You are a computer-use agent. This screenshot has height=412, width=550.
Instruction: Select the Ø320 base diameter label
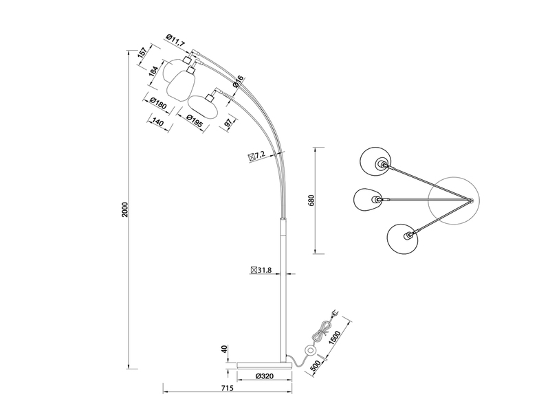pyautogui.click(x=265, y=376)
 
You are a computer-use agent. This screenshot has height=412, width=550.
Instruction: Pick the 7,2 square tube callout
pyautogui.click(x=256, y=157)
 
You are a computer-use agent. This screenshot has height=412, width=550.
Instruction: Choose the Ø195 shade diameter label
pyautogui.click(x=194, y=118)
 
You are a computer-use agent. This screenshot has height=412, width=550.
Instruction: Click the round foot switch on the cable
pyautogui.click(x=311, y=351)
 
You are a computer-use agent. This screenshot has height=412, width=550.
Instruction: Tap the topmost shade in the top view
pyautogui.click(x=375, y=160)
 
